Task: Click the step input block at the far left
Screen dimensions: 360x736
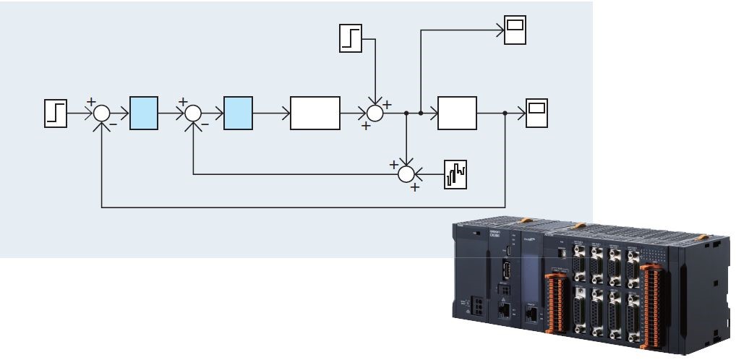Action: pyautogui.click(x=56, y=114)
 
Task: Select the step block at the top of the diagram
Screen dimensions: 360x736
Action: pyautogui.click(x=351, y=38)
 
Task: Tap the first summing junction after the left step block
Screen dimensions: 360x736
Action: pyautogui.click(x=102, y=113)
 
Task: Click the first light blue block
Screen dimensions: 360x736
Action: pyautogui.click(x=144, y=113)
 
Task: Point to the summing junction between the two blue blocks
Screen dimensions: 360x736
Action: pyautogui.click(x=193, y=113)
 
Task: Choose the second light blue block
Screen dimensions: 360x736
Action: pyautogui.click(x=239, y=113)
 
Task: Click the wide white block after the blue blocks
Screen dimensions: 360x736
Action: pyautogui.click(x=315, y=113)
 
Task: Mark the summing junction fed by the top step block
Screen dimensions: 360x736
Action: pyautogui.click(x=375, y=113)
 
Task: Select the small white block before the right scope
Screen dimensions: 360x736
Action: pyautogui.click(x=457, y=113)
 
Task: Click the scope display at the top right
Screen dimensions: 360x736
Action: pyautogui.click(x=515, y=31)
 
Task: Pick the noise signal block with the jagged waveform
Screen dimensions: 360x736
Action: pyautogui.click(x=455, y=174)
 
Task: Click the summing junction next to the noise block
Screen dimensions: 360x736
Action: pyautogui.click(x=407, y=174)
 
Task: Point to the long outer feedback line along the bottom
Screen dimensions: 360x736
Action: pyautogui.click(x=304, y=208)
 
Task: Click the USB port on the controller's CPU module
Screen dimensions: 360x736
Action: pyautogui.click(x=506, y=275)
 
